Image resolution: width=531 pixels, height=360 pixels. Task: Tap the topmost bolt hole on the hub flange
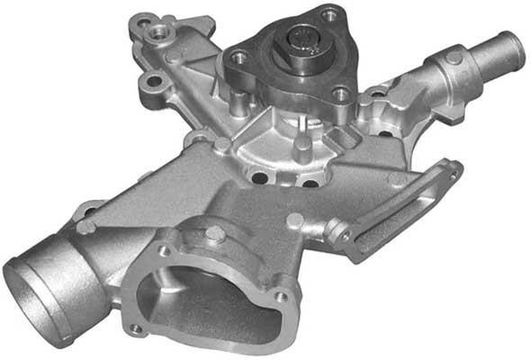point(330,15)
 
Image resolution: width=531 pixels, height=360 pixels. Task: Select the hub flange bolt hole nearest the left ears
point(238,58)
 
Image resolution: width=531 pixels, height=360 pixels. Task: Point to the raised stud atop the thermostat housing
point(213,233)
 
